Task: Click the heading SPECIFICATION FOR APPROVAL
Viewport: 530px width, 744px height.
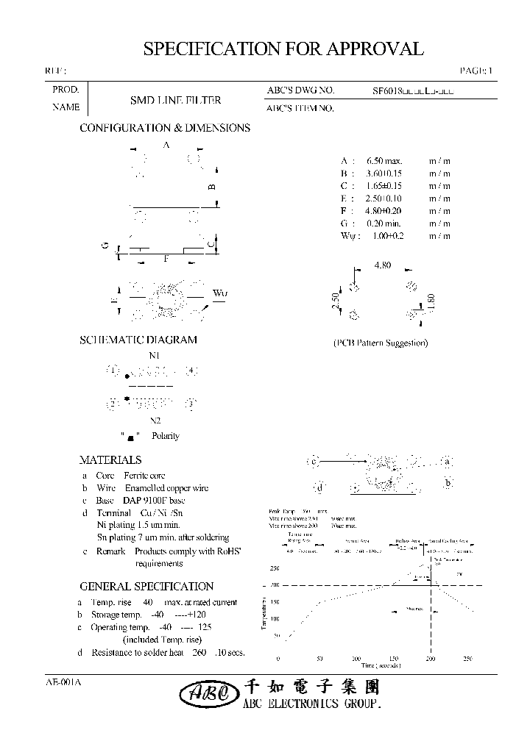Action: pos(283,49)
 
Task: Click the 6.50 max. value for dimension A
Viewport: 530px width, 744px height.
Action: pos(384,161)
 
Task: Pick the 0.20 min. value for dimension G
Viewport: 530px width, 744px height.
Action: pos(384,223)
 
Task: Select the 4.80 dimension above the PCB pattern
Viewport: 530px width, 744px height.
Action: pos(383,265)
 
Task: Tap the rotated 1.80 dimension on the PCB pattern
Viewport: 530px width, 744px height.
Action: pos(432,301)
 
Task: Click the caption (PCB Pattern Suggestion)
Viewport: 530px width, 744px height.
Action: pos(381,343)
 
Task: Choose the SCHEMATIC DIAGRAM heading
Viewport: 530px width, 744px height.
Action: pos(138,340)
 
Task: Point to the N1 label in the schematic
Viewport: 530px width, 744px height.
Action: pos(155,356)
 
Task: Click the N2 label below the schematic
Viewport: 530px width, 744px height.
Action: pos(155,421)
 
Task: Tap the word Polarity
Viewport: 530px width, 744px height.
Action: pos(166,436)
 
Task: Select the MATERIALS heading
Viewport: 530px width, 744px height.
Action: pos(110,460)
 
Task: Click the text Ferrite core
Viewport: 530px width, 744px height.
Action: pos(144,476)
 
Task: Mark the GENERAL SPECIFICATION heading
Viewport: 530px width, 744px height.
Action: pos(146,586)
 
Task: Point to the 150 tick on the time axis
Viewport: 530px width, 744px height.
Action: pos(393,659)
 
